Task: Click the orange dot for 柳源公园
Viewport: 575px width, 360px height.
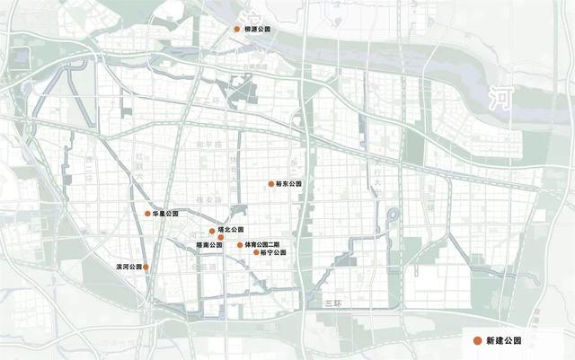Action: (237, 29)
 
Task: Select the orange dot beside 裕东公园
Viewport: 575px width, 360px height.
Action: (270, 184)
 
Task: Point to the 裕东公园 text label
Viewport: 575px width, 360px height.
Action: (290, 184)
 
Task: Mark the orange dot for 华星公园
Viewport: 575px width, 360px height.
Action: (147, 214)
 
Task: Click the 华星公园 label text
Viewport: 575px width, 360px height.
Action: (166, 214)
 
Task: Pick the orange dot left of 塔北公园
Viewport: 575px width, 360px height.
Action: (212, 230)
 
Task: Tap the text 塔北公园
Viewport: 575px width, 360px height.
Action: (231, 230)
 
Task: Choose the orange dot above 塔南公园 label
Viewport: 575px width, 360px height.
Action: (220, 237)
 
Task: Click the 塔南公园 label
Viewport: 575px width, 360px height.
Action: (209, 245)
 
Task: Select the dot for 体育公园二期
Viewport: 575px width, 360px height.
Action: (240, 245)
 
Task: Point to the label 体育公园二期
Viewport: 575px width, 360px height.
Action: (263, 245)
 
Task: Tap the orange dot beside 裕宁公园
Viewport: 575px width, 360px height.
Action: (256, 253)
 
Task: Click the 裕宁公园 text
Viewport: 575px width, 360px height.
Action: (274, 253)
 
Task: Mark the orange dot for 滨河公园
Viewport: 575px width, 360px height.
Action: (146, 267)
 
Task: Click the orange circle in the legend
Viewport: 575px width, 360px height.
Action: (476, 340)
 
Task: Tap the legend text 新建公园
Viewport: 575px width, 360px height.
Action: (503, 340)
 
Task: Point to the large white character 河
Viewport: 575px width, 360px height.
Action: (499, 97)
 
